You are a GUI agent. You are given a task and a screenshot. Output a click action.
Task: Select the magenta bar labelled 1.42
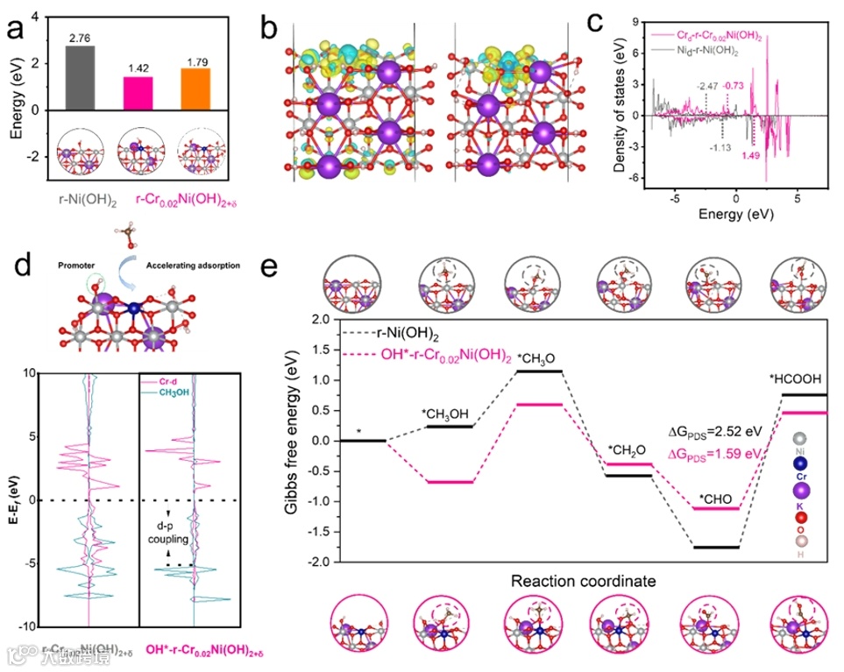coord(138,93)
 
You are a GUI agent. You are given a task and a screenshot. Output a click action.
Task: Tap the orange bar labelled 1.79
coord(195,88)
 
